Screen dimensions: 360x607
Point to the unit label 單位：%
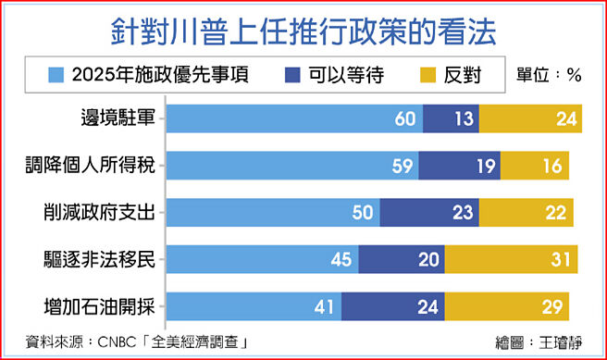coord(549,74)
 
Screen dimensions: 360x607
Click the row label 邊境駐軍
coord(117,118)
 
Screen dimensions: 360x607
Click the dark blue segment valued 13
coord(451,118)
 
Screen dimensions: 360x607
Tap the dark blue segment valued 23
coord(428,212)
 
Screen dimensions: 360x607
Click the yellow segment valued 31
coord(527,259)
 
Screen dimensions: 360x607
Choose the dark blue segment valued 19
coord(459,165)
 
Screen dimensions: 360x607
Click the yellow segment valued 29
coord(507,305)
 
